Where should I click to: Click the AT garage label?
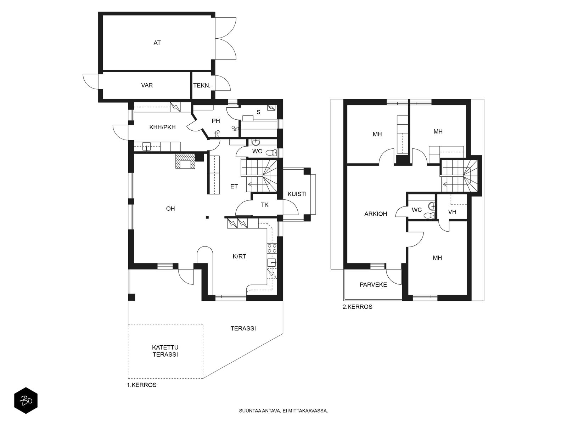click(x=157, y=43)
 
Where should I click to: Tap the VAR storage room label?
click(x=147, y=85)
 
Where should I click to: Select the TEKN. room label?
click(x=202, y=86)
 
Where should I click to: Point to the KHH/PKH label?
click(x=162, y=127)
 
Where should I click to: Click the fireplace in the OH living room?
click(x=185, y=161)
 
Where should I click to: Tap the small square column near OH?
click(x=207, y=217)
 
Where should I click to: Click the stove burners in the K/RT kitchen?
click(x=272, y=248)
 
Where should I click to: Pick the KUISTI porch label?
click(x=297, y=194)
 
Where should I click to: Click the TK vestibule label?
click(x=264, y=205)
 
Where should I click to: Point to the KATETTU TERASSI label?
click(x=165, y=351)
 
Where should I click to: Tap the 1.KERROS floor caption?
click(x=141, y=385)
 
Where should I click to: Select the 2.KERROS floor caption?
click(x=357, y=307)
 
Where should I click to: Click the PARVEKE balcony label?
click(x=373, y=285)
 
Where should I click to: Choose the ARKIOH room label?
click(x=376, y=214)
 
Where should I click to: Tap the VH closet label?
click(x=452, y=212)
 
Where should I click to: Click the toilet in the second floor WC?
click(x=428, y=215)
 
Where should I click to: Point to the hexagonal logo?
click(x=26, y=401)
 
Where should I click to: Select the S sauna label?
click(x=258, y=112)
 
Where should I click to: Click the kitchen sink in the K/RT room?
click(x=272, y=263)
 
